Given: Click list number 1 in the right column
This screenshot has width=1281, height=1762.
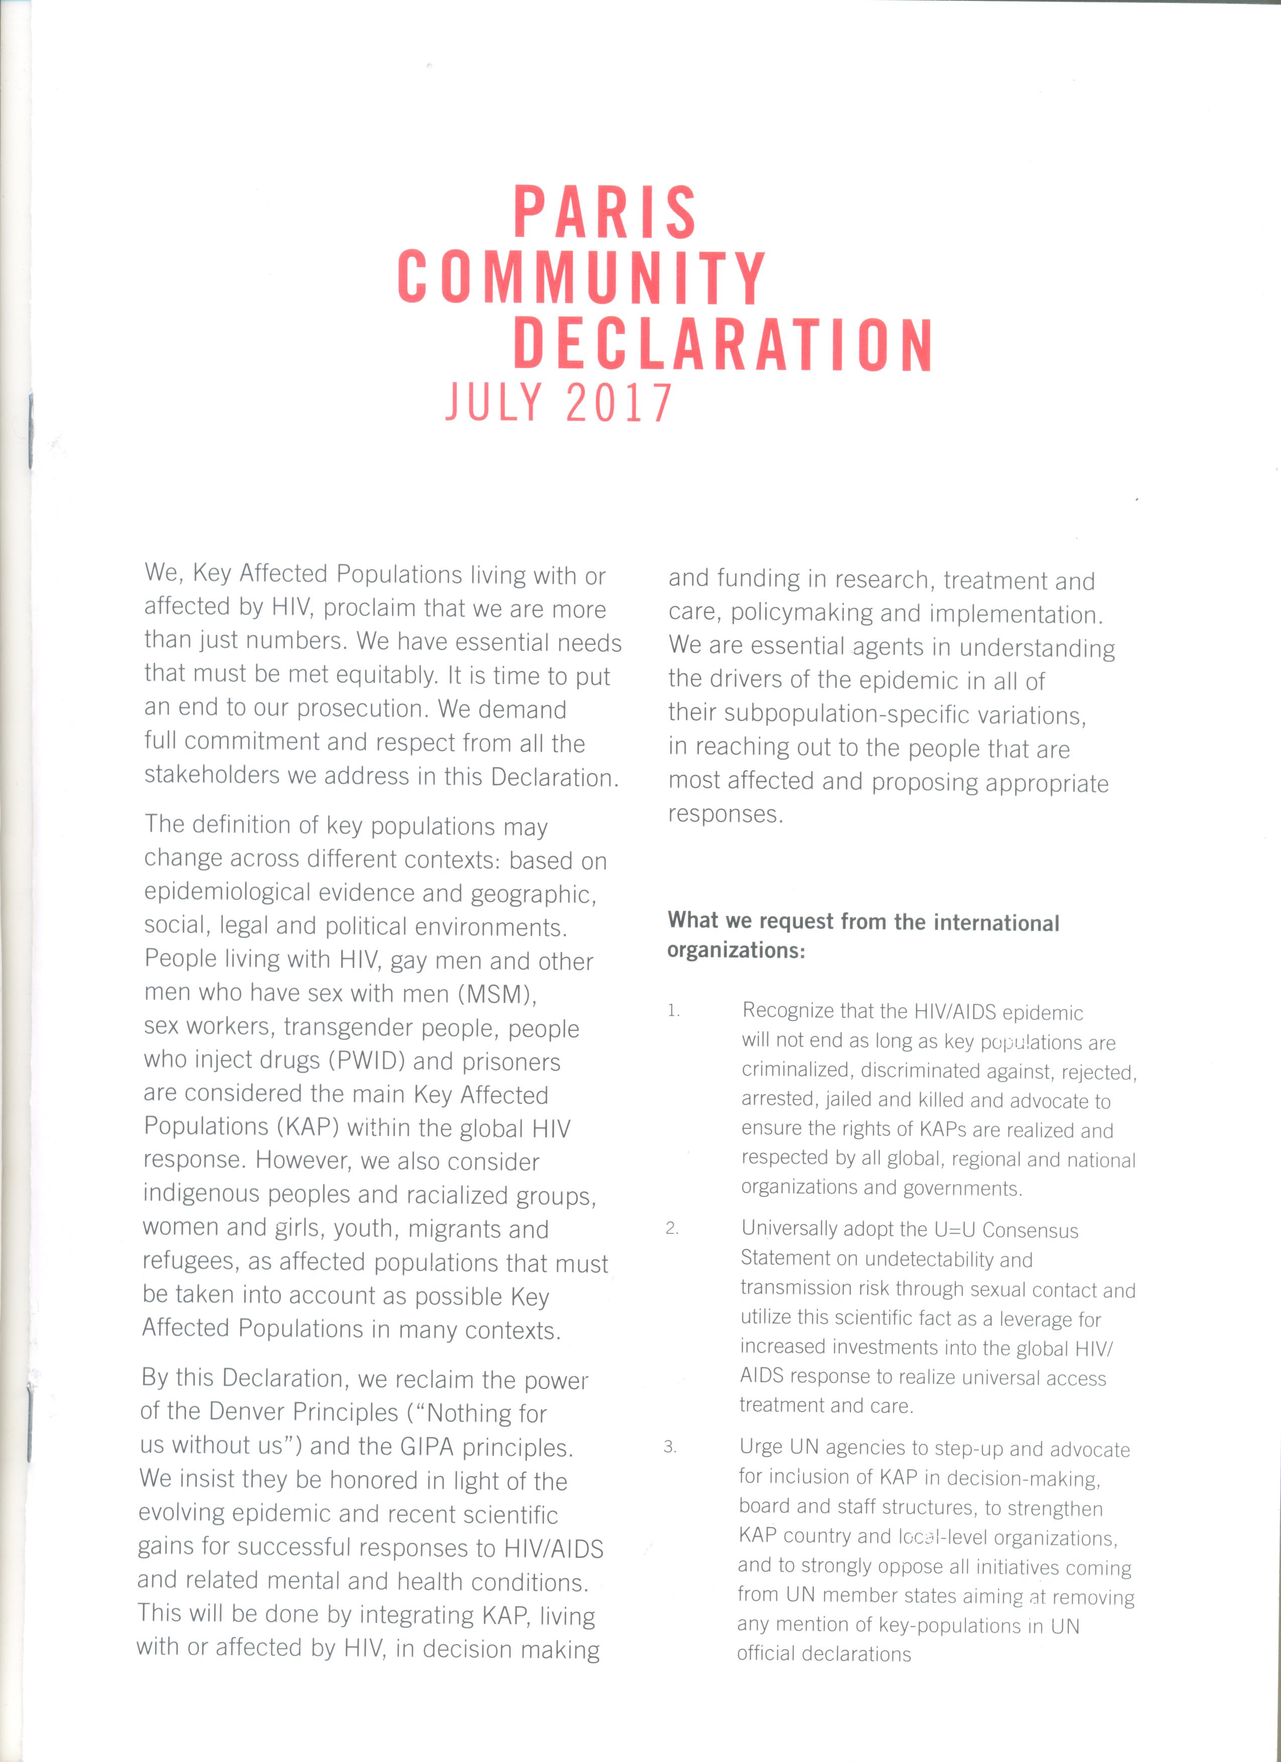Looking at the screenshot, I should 673,1011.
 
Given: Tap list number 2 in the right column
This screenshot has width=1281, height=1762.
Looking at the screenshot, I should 672,1228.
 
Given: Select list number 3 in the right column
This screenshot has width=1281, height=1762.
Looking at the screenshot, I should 670,1447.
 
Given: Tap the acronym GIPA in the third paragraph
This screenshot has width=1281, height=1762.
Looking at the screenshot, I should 426,1447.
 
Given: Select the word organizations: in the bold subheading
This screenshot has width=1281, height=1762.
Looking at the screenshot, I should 735,951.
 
